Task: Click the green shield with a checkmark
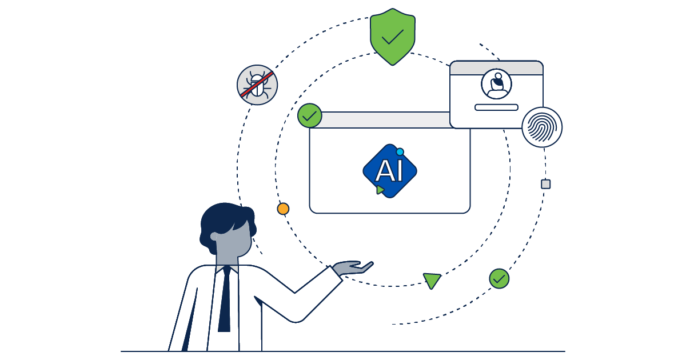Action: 392,35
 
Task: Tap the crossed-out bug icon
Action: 257,85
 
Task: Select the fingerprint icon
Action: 542,127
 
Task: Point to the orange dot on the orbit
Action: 283,209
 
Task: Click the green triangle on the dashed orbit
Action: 432,280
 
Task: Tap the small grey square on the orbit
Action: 546,184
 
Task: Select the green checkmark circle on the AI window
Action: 310,115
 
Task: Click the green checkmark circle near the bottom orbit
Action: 499,278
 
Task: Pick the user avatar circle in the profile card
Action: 496,84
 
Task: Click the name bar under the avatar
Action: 496,107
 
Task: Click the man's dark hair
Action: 226,217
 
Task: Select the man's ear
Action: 215,236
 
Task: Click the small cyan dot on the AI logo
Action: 400,151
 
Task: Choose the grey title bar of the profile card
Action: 496,67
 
